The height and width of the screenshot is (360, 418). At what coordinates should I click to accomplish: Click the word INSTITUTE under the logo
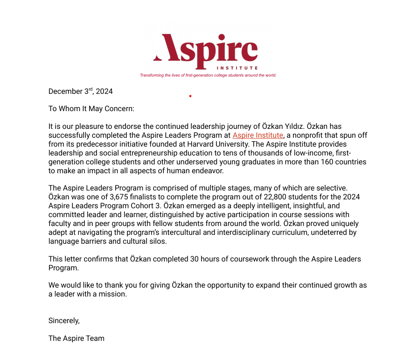pos(237,68)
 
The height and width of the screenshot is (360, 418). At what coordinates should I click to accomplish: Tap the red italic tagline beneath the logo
pos(208,75)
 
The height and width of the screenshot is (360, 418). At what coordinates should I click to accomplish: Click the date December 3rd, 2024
pos(81,92)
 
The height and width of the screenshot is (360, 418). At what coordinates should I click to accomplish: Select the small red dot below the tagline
pos(190,96)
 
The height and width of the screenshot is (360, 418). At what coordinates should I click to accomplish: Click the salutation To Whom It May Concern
pos(91,109)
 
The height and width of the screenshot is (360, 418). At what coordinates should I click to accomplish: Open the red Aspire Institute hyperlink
pos(258,135)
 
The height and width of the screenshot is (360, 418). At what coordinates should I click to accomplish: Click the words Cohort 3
pos(140,206)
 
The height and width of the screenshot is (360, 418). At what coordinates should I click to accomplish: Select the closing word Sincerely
pos(64,321)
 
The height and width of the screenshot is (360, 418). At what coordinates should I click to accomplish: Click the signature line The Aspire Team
pos(77,339)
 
